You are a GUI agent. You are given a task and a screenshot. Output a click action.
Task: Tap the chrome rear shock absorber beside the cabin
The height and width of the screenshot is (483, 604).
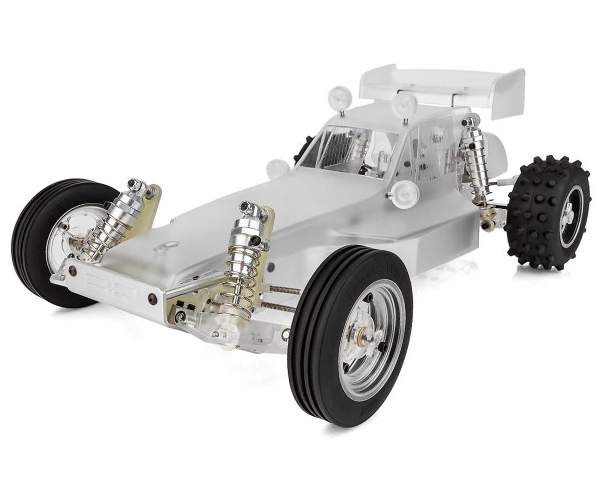473,161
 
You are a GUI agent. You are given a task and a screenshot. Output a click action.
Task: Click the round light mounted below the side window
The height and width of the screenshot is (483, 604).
404,192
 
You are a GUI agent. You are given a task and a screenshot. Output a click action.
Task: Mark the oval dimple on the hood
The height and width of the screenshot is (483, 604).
167,247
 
